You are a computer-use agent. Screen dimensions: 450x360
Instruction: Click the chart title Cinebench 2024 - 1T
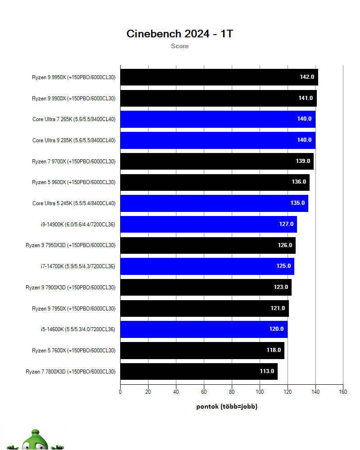coord(180,34)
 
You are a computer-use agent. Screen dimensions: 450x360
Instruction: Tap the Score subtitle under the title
coord(180,46)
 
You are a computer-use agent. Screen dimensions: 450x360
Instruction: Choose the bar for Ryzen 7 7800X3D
coord(198,371)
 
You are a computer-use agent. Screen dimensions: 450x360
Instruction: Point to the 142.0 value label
coord(307,77)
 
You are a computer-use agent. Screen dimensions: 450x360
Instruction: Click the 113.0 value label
coord(267,371)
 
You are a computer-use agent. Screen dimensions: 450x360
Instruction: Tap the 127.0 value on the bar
coord(286,224)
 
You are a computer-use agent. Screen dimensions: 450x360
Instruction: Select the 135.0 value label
coord(297,203)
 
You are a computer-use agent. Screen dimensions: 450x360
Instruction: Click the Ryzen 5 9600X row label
coord(73,182)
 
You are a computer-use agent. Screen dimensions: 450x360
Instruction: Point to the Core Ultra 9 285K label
coord(73,140)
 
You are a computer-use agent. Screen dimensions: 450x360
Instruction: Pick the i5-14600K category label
coord(77,329)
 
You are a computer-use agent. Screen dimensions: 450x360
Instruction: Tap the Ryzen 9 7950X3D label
coord(70,245)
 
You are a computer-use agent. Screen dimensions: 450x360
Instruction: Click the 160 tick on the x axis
coord(343,392)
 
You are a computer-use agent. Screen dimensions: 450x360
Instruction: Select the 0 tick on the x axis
coord(120,392)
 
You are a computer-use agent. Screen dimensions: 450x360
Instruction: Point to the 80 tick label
coord(232,392)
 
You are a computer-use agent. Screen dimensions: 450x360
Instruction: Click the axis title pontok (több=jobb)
coord(227,406)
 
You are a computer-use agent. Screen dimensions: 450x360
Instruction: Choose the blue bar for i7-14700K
coord(207,266)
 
